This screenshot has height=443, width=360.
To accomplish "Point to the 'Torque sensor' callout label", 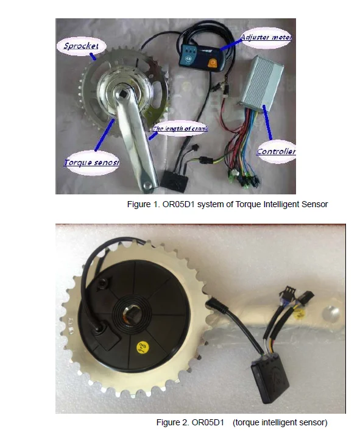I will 91,162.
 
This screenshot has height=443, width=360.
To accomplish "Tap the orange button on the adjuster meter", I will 213,62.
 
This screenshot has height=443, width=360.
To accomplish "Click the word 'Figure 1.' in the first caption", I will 143,205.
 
